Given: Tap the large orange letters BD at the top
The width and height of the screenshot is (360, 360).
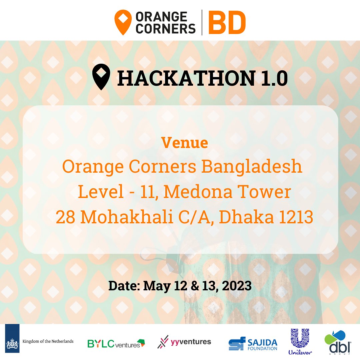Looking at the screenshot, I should [x=227, y=23].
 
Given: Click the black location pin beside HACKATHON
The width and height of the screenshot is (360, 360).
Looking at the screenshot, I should [x=101, y=77].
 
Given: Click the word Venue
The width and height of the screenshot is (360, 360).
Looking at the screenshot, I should [x=185, y=143].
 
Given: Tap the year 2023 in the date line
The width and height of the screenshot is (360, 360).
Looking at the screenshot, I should [x=238, y=286].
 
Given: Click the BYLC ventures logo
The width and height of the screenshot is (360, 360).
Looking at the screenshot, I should [x=116, y=343].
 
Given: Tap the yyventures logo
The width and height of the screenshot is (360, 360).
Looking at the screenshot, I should [x=184, y=342].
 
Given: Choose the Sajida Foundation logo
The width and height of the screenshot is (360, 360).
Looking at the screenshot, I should [x=253, y=344].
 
